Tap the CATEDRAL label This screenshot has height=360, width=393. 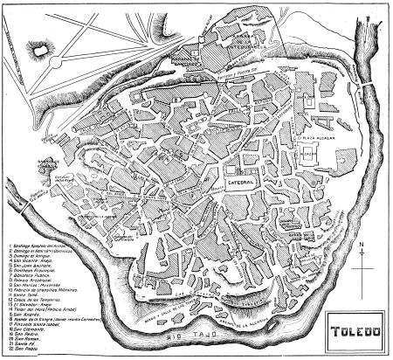tap(240, 183)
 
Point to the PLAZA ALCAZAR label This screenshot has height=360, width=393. tap(315, 137)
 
